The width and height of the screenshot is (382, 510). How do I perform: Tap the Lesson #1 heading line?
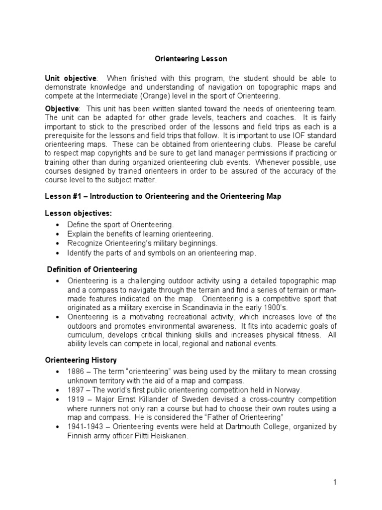[163, 196]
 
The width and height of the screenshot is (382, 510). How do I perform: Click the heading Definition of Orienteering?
[92, 269]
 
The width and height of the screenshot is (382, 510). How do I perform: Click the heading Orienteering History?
[81, 360]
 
